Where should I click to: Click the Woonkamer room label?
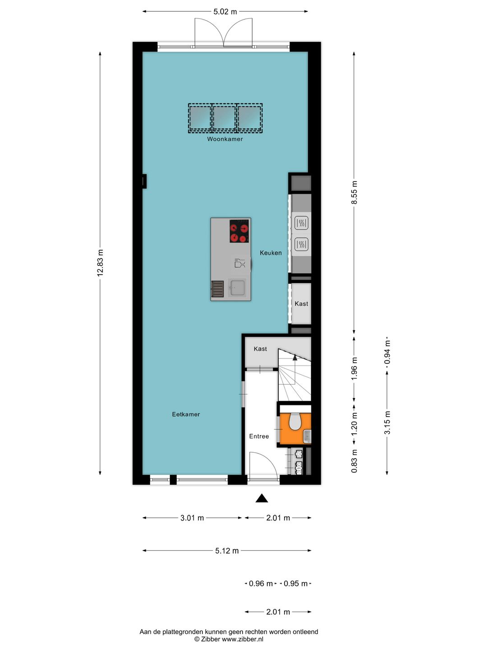click(x=225, y=139)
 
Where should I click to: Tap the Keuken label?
click(x=271, y=253)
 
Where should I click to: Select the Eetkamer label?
click(x=186, y=414)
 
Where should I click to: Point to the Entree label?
click(x=259, y=436)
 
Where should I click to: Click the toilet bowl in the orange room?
click(x=295, y=422)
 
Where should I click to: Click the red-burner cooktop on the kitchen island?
click(x=239, y=231)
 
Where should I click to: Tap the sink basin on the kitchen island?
click(x=237, y=288)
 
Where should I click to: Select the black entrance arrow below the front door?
click(x=262, y=498)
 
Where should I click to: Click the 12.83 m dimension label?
click(x=100, y=263)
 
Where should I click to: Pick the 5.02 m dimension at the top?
click(x=225, y=12)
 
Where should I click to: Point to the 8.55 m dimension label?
click(x=354, y=193)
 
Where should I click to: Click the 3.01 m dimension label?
click(x=192, y=518)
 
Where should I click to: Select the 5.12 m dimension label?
click(x=227, y=551)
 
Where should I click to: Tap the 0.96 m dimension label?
click(x=261, y=584)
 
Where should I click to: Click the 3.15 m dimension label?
click(x=387, y=423)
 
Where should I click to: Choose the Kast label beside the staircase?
click(x=260, y=349)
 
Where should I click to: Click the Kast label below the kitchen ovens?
click(x=301, y=304)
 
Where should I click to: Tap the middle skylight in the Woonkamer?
click(x=225, y=117)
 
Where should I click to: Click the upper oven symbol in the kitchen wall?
click(x=301, y=223)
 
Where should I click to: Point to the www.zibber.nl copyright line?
click(x=229, y=639)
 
